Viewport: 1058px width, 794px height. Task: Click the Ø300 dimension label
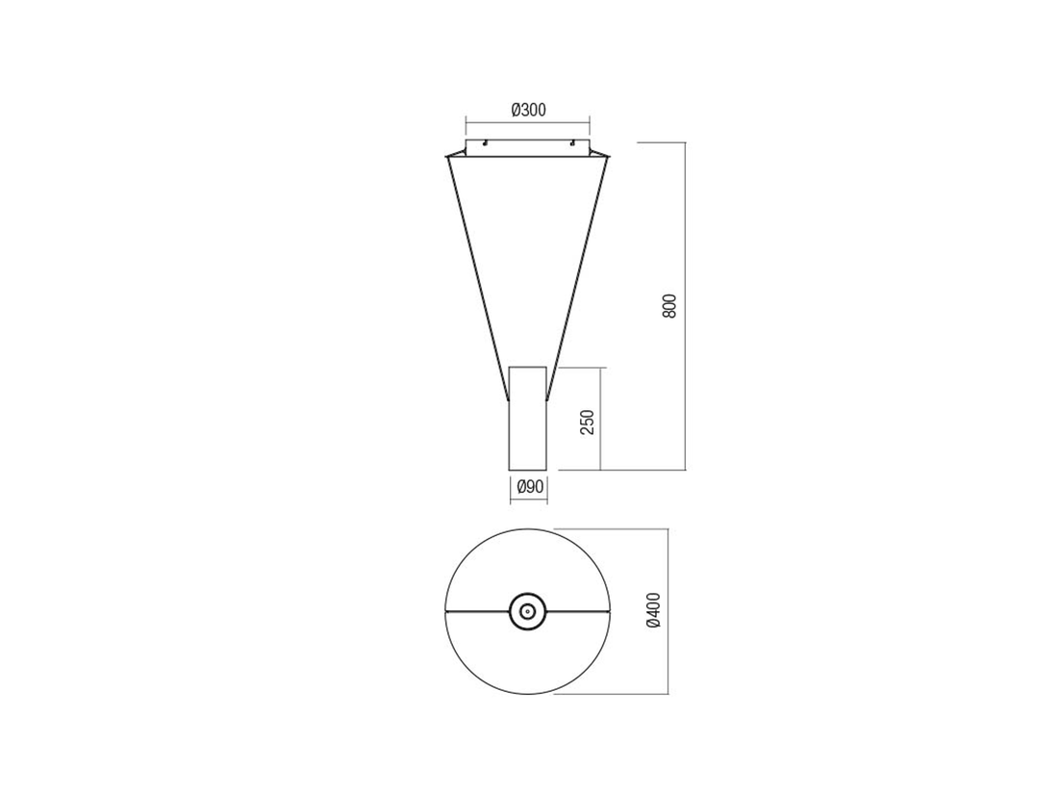[x=528, y=110]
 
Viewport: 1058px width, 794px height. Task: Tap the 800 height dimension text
[x=668, y=306]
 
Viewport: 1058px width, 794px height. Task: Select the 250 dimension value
[x=589, y=422]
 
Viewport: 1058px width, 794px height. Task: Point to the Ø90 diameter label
[x=530, y=486]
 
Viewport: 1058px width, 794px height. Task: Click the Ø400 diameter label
[x=653, y=611]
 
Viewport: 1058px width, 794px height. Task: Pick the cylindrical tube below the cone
[x=528, y=418]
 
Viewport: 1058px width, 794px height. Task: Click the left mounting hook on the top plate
[x=485, y=142]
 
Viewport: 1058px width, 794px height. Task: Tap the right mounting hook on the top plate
[x=572, y=142]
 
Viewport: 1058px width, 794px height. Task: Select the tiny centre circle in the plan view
[x=528, y=612]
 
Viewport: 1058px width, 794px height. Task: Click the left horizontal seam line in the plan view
[x=478, y=612]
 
